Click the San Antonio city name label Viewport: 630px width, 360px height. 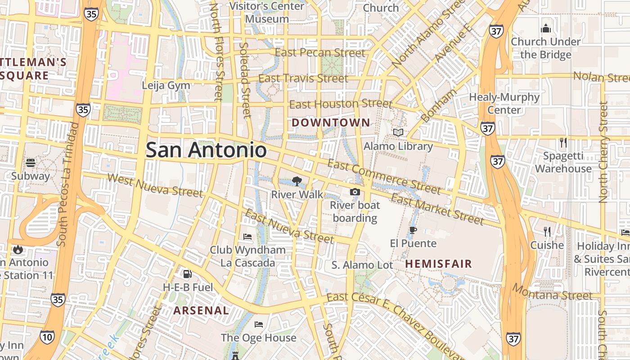pyautogui.click(x=206, y=150)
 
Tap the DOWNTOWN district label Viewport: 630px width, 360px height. pyautogui.click(x=331, y=122)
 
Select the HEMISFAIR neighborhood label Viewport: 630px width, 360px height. pyautogui.click(x=439, y=264)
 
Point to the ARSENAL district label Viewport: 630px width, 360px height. pyautogui.click(x=201, y=310)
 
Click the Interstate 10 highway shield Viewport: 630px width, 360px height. pyautogui.click(x=47, y=337)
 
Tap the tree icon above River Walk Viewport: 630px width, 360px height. pyautogui.click(x=297, y=181)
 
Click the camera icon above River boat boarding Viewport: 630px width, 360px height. pyautogui.click(x=355, y=192)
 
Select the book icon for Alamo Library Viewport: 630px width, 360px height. pyautogui.click(x=398, y=133)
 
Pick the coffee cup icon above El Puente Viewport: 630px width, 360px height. pyautogui.click(x=413, y=230)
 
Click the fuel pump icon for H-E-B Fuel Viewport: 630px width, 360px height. pyautogui.click(x=187, y=274)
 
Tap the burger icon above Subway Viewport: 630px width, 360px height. pyautogui.click(x=31, y=162)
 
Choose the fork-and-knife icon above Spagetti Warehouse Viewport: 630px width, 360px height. pyautogui.click(x=563, y=143)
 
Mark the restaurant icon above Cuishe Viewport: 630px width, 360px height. pyautogui.click(x=547, y=232)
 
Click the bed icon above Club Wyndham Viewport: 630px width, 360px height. pyautogui.click(x=247, y=236)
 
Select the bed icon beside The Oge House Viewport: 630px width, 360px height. pyautogui.click(x=259, y=324)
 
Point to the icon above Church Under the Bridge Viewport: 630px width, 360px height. pyautogui.click(x=546, y=28)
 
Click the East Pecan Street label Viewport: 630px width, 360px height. pyautogui.click(x=320, y=53)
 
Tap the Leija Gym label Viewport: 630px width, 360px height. pyautogui.click(x=166, y=85)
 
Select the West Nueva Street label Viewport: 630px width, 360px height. pyautogui.click(x=155, y=184)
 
